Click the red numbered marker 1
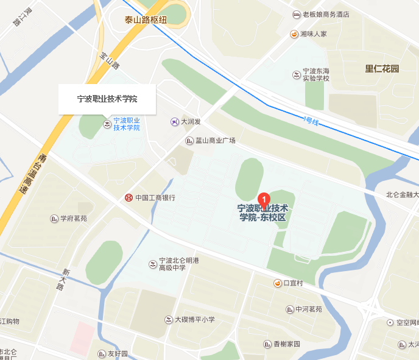click(x=264, y=199)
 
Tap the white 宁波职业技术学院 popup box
click(x=107, y=99)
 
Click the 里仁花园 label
click(x=382, y=69)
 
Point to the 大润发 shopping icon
click(x=175, y=122)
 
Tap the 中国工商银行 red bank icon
click(x=129, y=198)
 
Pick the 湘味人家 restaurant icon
click(x=294, y=34)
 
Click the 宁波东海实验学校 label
click(x=316, y=74)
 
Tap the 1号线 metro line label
click(x=311, y=121)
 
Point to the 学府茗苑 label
click(x=73, y=219)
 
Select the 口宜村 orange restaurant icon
click(x=277, y=283)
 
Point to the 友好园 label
click(x=118, y=354)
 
